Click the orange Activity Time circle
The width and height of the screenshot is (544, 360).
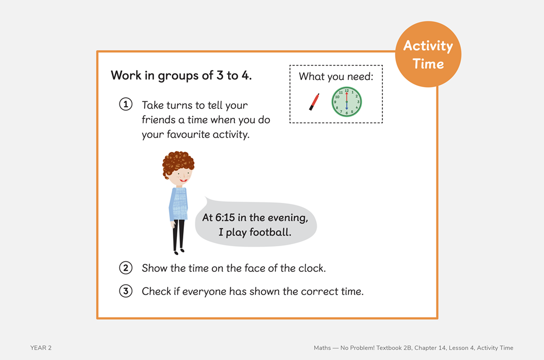click(428, 54)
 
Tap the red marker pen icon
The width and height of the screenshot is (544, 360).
click(314, 101)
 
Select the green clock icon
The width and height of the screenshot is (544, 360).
click(347, 102)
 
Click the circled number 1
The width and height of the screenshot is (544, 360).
click(125, 105)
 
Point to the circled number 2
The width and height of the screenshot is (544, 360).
click(125, 268)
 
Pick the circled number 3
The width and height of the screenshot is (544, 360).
click(125, 291)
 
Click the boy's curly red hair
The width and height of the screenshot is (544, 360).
click(178, 162)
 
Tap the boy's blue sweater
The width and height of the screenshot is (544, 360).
click(178, 203)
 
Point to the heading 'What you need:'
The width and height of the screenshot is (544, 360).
click(336, 77)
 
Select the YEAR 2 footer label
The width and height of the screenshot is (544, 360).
click(41, 348)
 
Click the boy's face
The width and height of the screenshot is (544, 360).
click(180, 176)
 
